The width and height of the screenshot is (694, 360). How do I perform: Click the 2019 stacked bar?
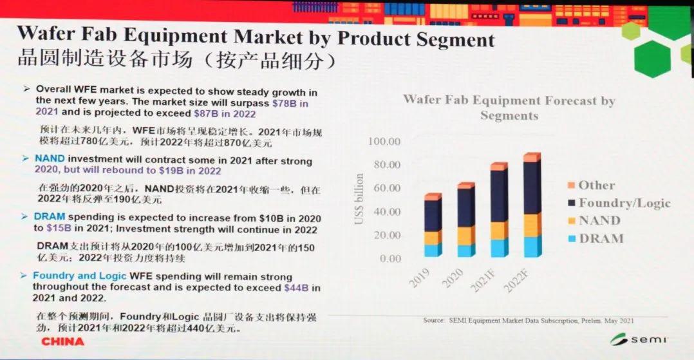pos(433,225)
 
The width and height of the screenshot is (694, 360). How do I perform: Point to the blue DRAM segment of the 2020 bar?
pos(465,251)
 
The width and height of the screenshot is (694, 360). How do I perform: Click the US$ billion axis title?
pos(360,200)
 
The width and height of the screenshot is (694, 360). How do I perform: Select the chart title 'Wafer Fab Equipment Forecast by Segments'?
pos(509,108)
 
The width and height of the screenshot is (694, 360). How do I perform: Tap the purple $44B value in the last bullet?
pos(297,288)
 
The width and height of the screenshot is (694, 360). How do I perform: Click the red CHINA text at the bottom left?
pos(63,342)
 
